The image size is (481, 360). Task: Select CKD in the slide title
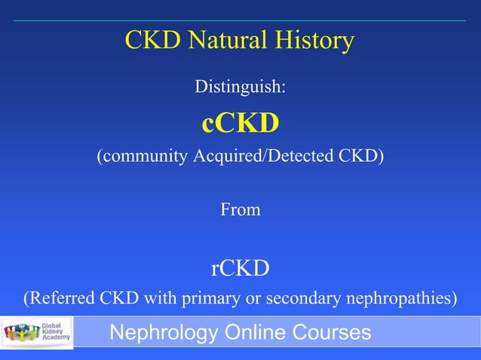tap(151, 41)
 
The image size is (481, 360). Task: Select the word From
tap(240, 210)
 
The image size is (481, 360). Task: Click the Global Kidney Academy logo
tap(38, 332)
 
